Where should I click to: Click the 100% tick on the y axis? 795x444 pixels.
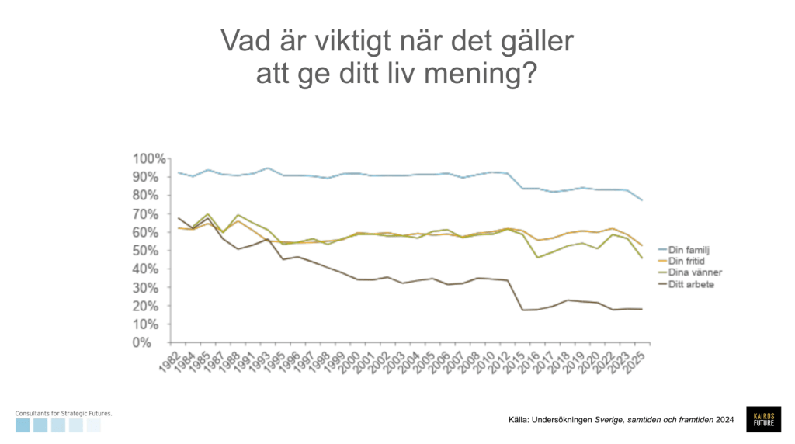pyautogui.click(x=151, y=158)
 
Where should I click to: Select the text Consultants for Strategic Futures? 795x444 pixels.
pyautogui.click(x=64, y=414)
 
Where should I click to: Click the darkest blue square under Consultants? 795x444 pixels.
pyautogui.click(x=23, y=425)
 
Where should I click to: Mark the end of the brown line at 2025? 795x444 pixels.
pyautogui.click(x=642, y=309)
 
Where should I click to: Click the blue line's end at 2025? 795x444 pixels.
pyautogui.click(x=642, y=201)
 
